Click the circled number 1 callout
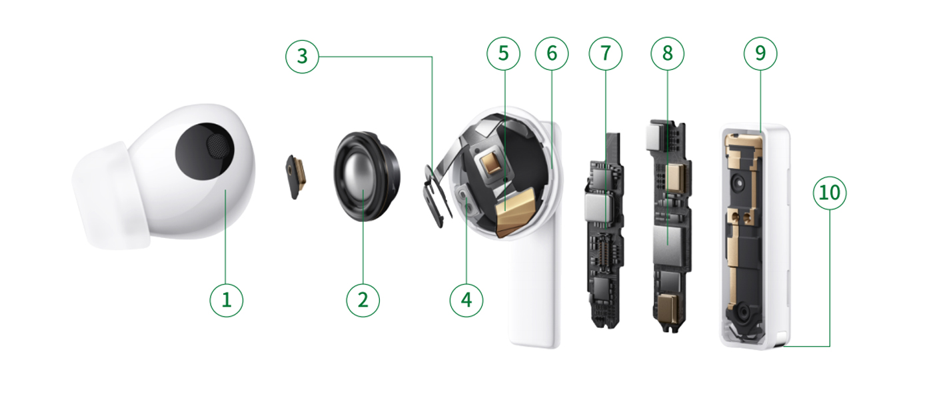click(226, 300)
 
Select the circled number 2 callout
click(363, 300)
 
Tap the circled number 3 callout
click(302, 56)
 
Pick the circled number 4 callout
click(466, 300)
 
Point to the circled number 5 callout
click(504, 53)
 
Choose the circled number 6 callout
click(552, 53)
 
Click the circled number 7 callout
click(606, 53)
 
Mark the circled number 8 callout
click(668, 53)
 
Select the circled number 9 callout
click(760, 53)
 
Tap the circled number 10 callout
click(830, 193)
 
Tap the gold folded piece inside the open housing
click(515, 213)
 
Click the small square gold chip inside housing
click(491, 163)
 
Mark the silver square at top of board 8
click(654, 138)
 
